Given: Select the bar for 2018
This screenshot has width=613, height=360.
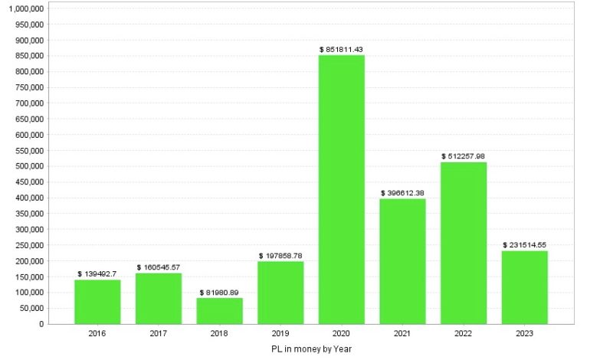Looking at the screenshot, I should [219, 310].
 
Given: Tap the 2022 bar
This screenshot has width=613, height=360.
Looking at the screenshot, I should [464, 243].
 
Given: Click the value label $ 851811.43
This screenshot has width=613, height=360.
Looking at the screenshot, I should [341, 49].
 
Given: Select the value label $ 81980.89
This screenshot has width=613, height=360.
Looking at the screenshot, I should [219, 292].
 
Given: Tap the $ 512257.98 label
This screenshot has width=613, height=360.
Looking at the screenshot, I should [464, 156].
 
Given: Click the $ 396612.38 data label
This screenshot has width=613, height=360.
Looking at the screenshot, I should [402, 193].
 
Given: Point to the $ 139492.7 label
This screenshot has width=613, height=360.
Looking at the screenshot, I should [97, 273].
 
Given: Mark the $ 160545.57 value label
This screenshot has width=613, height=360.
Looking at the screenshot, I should [159, 267].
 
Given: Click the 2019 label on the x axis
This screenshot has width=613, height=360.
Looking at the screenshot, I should [280, 334].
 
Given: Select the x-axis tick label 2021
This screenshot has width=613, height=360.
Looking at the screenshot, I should [402, 334].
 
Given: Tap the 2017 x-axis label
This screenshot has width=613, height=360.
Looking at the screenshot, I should [159, 334].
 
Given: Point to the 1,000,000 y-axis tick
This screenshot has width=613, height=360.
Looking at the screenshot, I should [25, 8].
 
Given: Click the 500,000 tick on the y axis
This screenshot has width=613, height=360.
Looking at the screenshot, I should [30, 166].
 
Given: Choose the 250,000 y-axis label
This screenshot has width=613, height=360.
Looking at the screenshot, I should [30, 245].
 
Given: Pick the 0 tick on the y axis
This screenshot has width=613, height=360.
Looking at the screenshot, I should [41, 324].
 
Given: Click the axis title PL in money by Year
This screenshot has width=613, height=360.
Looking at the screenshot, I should [310, 349].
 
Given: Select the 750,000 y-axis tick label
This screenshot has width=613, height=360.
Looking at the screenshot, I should [30, 87].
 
